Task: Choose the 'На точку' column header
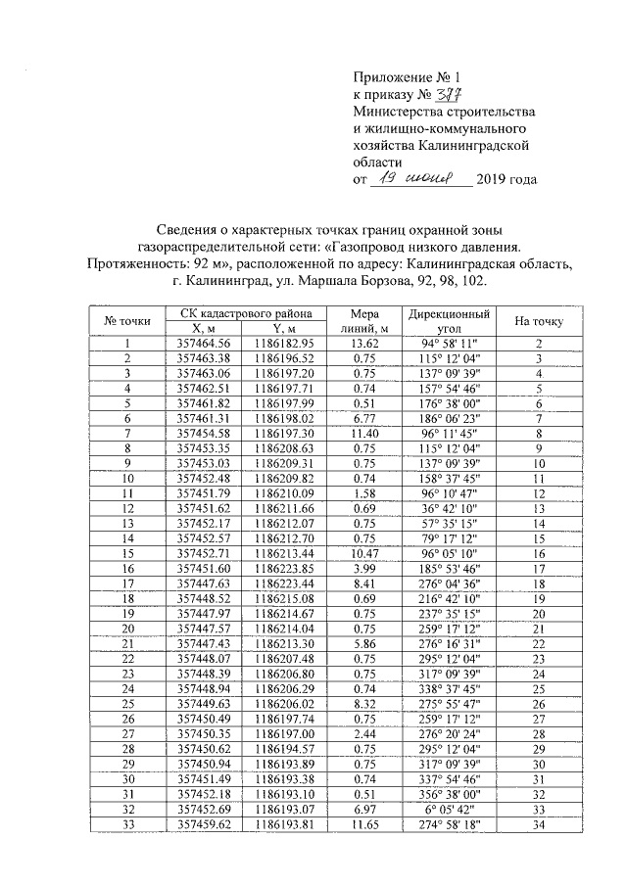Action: (538, 321)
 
